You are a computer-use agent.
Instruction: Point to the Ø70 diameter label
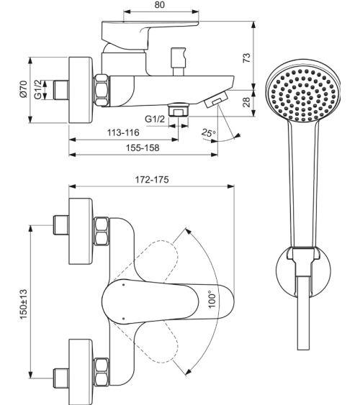23,90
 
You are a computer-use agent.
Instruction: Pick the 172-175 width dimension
151,180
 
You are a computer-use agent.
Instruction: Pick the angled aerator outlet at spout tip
216,101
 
